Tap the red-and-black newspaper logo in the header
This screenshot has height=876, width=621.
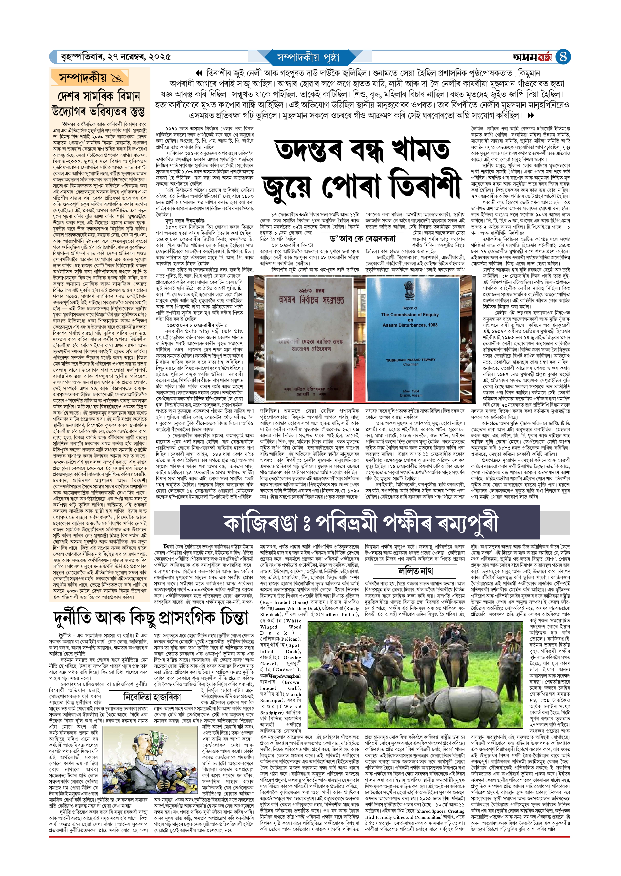[533, 57]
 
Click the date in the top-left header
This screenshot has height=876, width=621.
[115, 57]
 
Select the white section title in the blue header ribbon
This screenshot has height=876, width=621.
[308, 57]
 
